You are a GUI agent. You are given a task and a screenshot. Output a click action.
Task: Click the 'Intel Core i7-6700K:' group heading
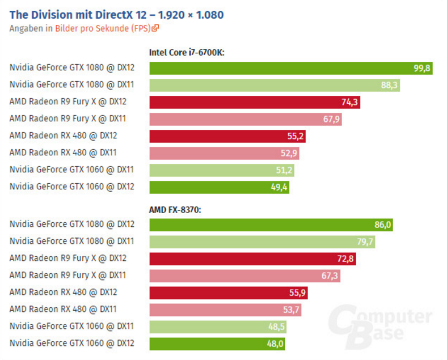point(187,53)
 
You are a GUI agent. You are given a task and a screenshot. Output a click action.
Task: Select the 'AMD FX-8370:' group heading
point(175,210)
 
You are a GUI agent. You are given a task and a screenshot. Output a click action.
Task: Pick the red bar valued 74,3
point(255,102)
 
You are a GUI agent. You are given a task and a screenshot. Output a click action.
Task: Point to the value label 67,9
point(330,119)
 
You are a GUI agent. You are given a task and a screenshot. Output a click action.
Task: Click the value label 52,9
point(288,153)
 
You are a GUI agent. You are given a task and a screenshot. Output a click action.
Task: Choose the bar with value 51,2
point(222,170)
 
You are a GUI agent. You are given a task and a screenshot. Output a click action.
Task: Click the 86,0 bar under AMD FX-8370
point(271,225)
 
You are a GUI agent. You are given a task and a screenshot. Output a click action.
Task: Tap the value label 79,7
point(363,242)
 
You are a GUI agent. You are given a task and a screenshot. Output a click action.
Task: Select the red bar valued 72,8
point(252,259)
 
